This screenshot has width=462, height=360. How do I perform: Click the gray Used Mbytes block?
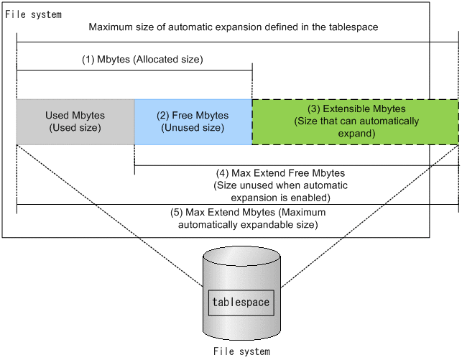coord(75,122)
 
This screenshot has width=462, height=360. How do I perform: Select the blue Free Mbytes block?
coord(193,122)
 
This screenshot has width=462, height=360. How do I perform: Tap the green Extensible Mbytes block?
coord(355,122)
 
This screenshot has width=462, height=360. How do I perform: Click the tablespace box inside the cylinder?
coord(241,302)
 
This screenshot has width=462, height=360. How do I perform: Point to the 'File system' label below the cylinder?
coord(241,351)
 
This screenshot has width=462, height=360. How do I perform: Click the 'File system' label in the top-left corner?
coord(33,14)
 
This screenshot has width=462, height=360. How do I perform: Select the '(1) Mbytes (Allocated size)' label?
coord(142,60)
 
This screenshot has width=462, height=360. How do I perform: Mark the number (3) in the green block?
coord(314,109)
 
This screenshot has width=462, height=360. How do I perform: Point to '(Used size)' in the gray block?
coord(75,128)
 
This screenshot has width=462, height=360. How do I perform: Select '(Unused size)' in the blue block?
coord(193,128)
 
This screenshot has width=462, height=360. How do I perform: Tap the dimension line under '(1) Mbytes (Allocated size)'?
coord(134,70)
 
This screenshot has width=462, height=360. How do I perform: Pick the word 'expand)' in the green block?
coord(355,134)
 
